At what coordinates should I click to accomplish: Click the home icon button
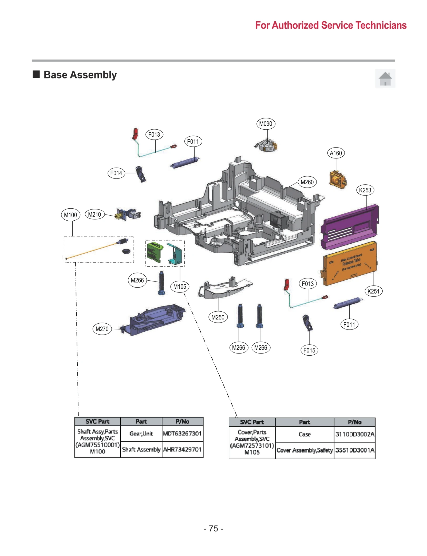(385, 78)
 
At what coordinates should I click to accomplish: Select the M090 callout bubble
(266, 124)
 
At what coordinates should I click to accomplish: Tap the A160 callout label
(336, 153)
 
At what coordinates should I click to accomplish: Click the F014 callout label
(116, 173)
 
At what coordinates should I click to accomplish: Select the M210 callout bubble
(94, 215)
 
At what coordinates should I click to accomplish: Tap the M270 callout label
(102, 329)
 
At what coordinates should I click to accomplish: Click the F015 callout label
(309, 350)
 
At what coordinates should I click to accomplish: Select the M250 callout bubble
(218, 317)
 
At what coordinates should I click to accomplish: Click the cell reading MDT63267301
(182, 434)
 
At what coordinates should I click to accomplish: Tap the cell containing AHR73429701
(182, 450)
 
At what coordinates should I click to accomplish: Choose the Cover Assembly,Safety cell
(305, 450)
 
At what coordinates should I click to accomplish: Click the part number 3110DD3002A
(355, 434)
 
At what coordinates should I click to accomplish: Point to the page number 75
(213, 529)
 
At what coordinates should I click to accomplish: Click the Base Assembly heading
(80, 75)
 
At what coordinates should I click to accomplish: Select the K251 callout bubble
(373, 291)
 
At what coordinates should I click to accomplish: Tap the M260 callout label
(307, 182)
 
